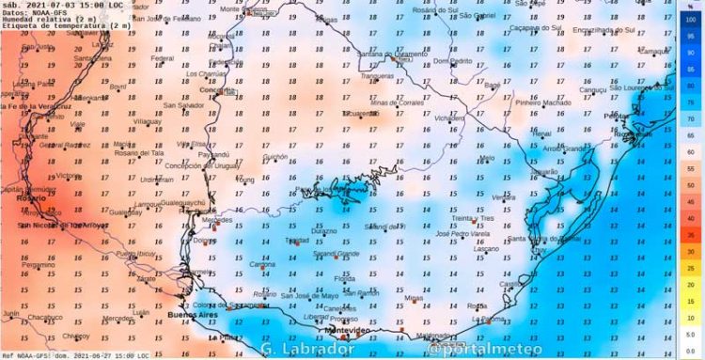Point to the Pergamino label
[x=39, y=264]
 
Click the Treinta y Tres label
[x=473, y=218]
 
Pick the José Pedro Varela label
[x=462, y=233]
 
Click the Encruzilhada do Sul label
[x=603, y=29]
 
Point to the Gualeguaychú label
[x=184, y=202]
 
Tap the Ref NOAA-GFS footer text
[x=28, y=355]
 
